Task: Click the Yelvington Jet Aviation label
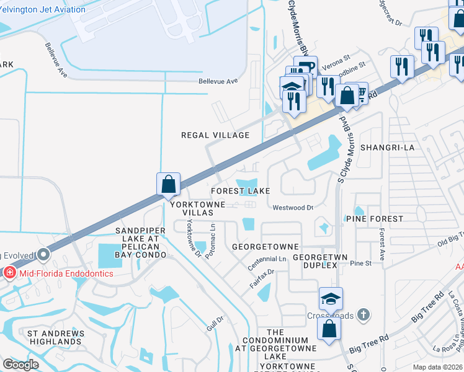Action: point(43,9)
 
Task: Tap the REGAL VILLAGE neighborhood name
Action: point(215,135)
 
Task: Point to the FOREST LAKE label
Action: point(240,191)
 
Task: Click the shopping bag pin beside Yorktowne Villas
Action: point(168,184)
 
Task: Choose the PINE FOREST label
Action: point(374,219)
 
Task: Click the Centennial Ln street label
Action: point(267,258)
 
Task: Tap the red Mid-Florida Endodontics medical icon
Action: point(10,272)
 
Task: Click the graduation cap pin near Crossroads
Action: point(331,300)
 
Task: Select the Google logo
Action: point(20,365)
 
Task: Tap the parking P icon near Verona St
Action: point(304,66)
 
